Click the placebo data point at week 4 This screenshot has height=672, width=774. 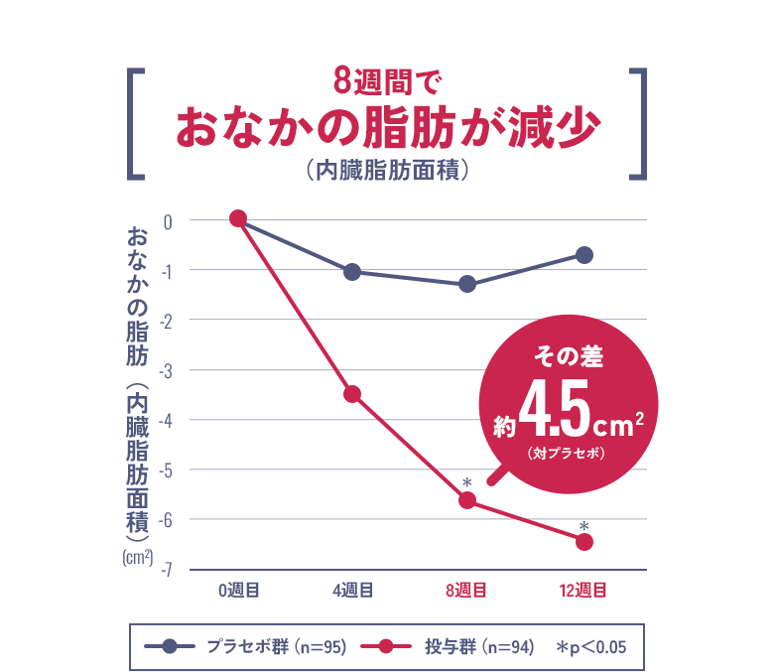(352, 272)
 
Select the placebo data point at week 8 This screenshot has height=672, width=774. (467, 285)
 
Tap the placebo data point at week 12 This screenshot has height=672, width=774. (584, 255)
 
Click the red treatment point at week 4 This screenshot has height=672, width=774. (352, 394)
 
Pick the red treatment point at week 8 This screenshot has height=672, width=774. (467, 500)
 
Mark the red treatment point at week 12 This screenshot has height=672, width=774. (584, 541)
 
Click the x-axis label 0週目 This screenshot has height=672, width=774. (238, 591)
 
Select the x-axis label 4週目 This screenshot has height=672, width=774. (352, 591)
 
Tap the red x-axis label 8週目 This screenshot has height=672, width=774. (466, 591)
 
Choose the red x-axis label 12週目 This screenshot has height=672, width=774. (583, 591)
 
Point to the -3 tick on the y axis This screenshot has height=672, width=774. (168, 370)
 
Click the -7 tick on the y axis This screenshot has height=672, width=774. (168, 570)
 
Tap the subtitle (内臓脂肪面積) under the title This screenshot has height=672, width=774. (386, 170)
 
